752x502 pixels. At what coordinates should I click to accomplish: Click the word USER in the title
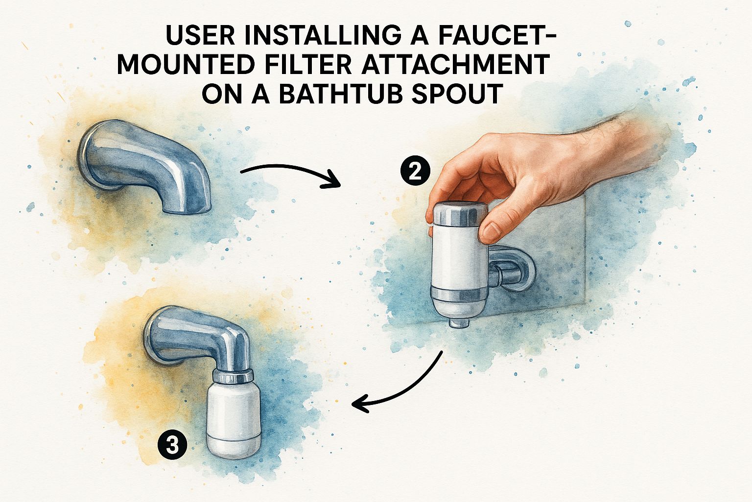point(200,35)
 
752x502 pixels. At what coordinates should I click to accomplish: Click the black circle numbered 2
point(415,172)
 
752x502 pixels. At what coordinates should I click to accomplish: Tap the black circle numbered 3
point(172,445)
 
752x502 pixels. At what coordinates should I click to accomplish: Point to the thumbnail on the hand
point(492,232)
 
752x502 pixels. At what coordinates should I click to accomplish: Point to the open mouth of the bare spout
point(187,209)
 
